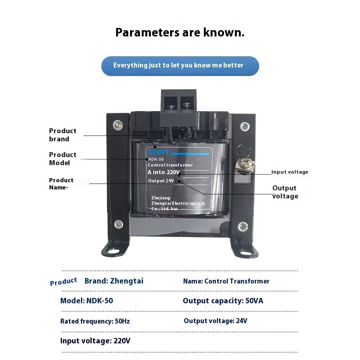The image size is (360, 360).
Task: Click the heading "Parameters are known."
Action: pyautogui.click(x=180, y=33)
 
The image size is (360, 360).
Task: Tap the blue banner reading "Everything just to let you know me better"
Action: pyautogui.click(x=180, y=66)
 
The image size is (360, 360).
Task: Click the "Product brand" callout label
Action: pyautogui.click(x=63, y=135)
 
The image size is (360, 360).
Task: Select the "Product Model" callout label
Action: pyautogui.click(x=63, y=159)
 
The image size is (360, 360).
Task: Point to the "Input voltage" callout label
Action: pyautogui.click(x=290, y=172)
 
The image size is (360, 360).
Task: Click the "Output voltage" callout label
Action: pyautogui.click(x=285, y=192)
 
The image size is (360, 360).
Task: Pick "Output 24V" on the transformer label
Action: pyautogui.click(x=161, y=181)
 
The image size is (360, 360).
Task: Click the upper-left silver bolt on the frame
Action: pyautogui.click(x=118, y=125)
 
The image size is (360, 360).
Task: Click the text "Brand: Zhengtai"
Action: pyautogui.click(x=114, y=281)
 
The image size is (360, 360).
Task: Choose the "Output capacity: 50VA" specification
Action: pyautogui.click(x=223, y=301)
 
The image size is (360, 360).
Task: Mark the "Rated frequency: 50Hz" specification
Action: pyautogui.click(x=95, y=321)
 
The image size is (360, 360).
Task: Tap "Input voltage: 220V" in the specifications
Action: pyautogui.click(x=95, y=341)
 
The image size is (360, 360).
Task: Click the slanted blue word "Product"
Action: pyautogui.click(x=63, y=282)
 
